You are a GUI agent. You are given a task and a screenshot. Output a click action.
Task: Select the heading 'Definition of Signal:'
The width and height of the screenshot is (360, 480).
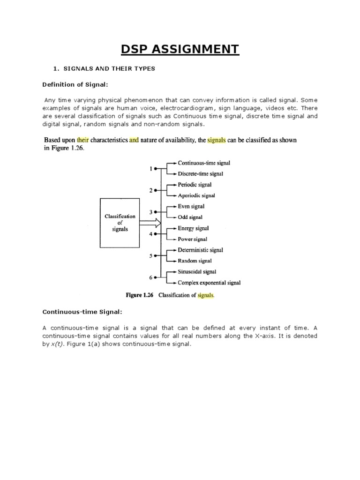point(76,84)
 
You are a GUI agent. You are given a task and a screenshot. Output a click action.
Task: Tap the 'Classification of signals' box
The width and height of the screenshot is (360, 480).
point(120,223)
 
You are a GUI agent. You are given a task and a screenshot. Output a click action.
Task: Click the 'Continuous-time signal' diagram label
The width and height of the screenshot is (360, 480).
point(204,163)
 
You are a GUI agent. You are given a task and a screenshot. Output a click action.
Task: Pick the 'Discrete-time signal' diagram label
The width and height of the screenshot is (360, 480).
point(201,173)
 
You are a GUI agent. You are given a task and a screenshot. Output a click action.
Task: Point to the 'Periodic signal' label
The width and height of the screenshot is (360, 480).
point(195,185)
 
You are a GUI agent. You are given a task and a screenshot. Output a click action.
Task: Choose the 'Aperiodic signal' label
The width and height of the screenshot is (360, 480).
point(196,195)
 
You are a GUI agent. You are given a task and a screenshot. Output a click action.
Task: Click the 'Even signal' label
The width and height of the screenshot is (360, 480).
point(191,206)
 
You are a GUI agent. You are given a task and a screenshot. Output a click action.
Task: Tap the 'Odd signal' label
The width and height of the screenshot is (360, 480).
point(190,217)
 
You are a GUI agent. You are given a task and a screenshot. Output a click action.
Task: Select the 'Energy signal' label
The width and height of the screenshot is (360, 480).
point(193,228)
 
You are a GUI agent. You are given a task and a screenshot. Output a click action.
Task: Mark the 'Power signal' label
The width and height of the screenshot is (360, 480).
point(193,239)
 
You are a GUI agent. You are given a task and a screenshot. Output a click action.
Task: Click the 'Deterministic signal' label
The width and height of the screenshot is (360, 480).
point(201,250)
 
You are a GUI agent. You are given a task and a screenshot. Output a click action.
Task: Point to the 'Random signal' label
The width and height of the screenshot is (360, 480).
point(195,261)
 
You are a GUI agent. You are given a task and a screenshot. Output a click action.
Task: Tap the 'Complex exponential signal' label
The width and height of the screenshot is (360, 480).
point(209,283)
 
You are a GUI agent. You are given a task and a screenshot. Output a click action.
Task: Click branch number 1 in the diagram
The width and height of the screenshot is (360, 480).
point(150,168)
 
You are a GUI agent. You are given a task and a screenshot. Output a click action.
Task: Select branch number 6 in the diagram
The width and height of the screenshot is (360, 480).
point(150,277)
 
